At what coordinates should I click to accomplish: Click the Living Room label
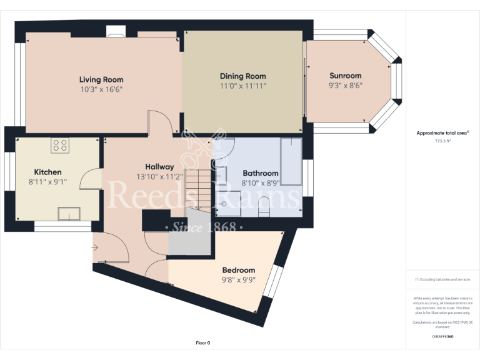click(x=101, y=79)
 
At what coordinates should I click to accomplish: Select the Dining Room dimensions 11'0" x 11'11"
click(x=243, y=86)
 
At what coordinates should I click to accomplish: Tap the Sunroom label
click(x=346, y=76)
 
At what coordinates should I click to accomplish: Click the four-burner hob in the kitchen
click(x=61, y=146)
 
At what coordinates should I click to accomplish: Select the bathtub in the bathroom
click(x=291, y=159)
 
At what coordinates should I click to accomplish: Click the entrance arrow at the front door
click(x=95, y=248)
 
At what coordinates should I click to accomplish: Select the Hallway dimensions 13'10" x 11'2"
click(x=159, y=177)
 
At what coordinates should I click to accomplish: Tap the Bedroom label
click(x=239, y=270)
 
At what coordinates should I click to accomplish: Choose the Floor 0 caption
click(x=203, y=343)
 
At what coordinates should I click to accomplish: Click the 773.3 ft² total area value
click(x=443, y=141)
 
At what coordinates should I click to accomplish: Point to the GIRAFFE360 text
click(x=443, y=336)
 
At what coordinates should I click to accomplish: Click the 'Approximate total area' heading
click(x=442, y=133)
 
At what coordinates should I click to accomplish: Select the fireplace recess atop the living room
click(x=116, y=31)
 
